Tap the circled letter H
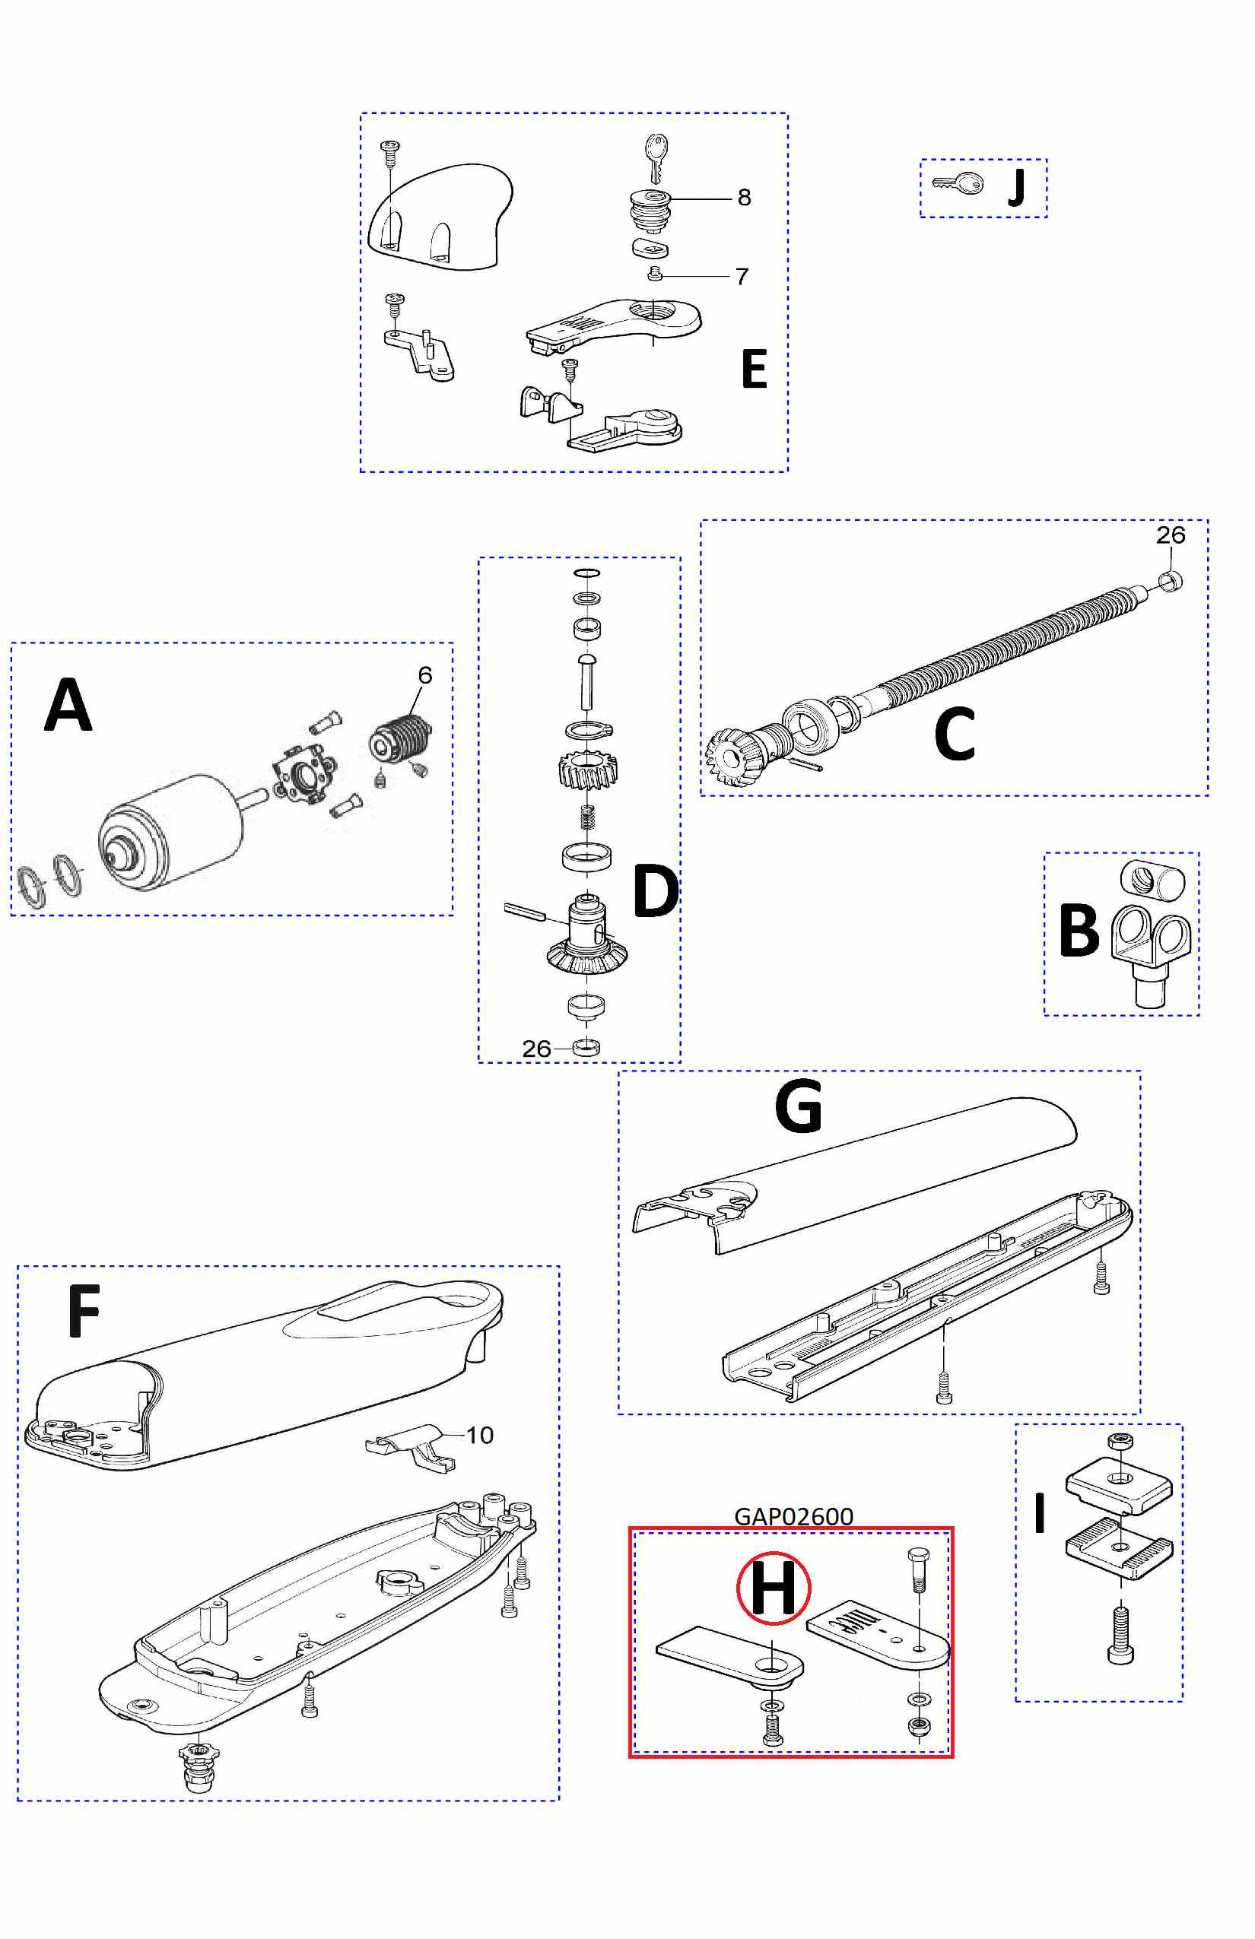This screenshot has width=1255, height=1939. click(773, 1588)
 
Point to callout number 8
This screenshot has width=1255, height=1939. click(744, 197)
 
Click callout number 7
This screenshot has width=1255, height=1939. click(742, 277)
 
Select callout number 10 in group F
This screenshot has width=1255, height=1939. click(480, 1435)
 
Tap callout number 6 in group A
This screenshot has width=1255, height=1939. click(424, 674)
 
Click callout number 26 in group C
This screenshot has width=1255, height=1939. click(1171, 535)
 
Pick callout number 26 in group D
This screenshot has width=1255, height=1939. click(536, 1049)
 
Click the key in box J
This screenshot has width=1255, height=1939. click(959, 183)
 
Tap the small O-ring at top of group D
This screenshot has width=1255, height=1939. click(586, 573)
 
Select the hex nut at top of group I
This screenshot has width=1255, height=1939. click(1119, 1441)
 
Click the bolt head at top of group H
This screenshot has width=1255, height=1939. click(915, 1555)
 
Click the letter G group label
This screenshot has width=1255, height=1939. click(798, 1106)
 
